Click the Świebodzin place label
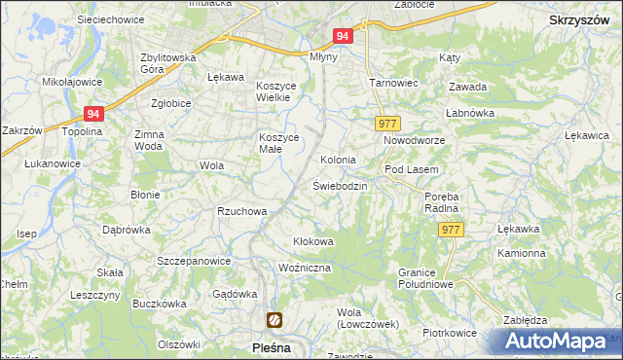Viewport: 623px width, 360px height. click(x=339, y=186)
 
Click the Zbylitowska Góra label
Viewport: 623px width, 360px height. click(x=168, y=63)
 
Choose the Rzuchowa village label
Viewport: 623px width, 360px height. click(x=242, y=211)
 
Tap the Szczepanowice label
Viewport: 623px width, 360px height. click(x=194, y=261)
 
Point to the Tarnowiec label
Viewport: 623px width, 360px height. click(x=393, y=83)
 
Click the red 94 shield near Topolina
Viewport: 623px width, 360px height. click(x=93, y=113)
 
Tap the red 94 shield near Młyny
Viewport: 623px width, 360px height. click(x=342, y=36)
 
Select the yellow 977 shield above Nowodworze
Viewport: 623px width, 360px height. click(x=387, y=124)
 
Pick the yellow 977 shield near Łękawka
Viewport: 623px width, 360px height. click(x=449, y=230)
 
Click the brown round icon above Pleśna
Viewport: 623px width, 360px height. click(x=275, y=319)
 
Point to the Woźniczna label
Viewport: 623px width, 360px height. click(x=305, y=268)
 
